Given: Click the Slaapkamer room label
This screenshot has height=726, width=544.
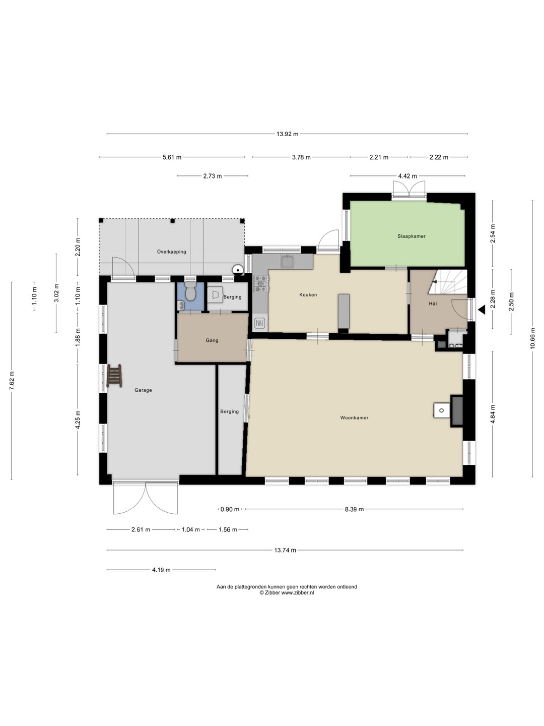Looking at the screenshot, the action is (x=411, y=236).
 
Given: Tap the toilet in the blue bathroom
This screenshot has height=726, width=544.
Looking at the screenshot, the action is (x=190, y=291).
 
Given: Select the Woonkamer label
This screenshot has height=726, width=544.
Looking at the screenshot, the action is (x=354, y=418).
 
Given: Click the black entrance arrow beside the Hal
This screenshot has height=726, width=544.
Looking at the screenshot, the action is (x=482, y=310).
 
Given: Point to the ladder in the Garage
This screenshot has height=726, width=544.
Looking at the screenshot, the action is (x=114, y=376).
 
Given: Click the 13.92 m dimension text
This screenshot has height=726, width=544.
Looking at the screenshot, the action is (x=287, y=134).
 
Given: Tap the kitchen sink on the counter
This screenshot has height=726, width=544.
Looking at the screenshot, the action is (x=288, y=262).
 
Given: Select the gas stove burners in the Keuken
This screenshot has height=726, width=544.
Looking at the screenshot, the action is (x=260, y=283).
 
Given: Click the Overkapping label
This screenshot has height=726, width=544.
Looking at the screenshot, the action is (x=171, y=252).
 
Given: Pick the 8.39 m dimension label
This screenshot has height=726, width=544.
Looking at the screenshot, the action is (x=354, y=509).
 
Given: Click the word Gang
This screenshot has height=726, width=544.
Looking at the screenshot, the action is (x=212, y=340).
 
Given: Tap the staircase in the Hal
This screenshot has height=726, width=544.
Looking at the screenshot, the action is (x=448, y=282).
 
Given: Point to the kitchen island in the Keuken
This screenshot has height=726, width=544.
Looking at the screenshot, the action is (x=344, y=311).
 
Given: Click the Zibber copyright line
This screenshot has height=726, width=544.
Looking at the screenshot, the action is (x=287, y=593).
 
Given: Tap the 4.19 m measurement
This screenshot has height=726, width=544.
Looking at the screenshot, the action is (x=161, y=570).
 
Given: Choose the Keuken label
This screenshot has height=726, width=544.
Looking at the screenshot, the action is (x=308, y=295).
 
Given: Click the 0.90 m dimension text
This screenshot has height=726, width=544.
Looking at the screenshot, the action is (x=230, y=509).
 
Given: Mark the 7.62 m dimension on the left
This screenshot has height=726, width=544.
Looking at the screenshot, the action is (x=12, y=381).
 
